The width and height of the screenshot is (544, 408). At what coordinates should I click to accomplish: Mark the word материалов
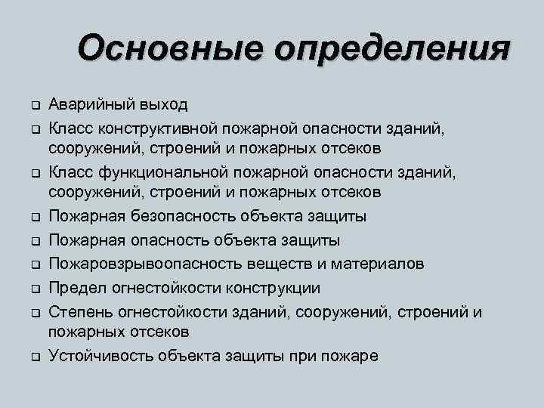[373, 264]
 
